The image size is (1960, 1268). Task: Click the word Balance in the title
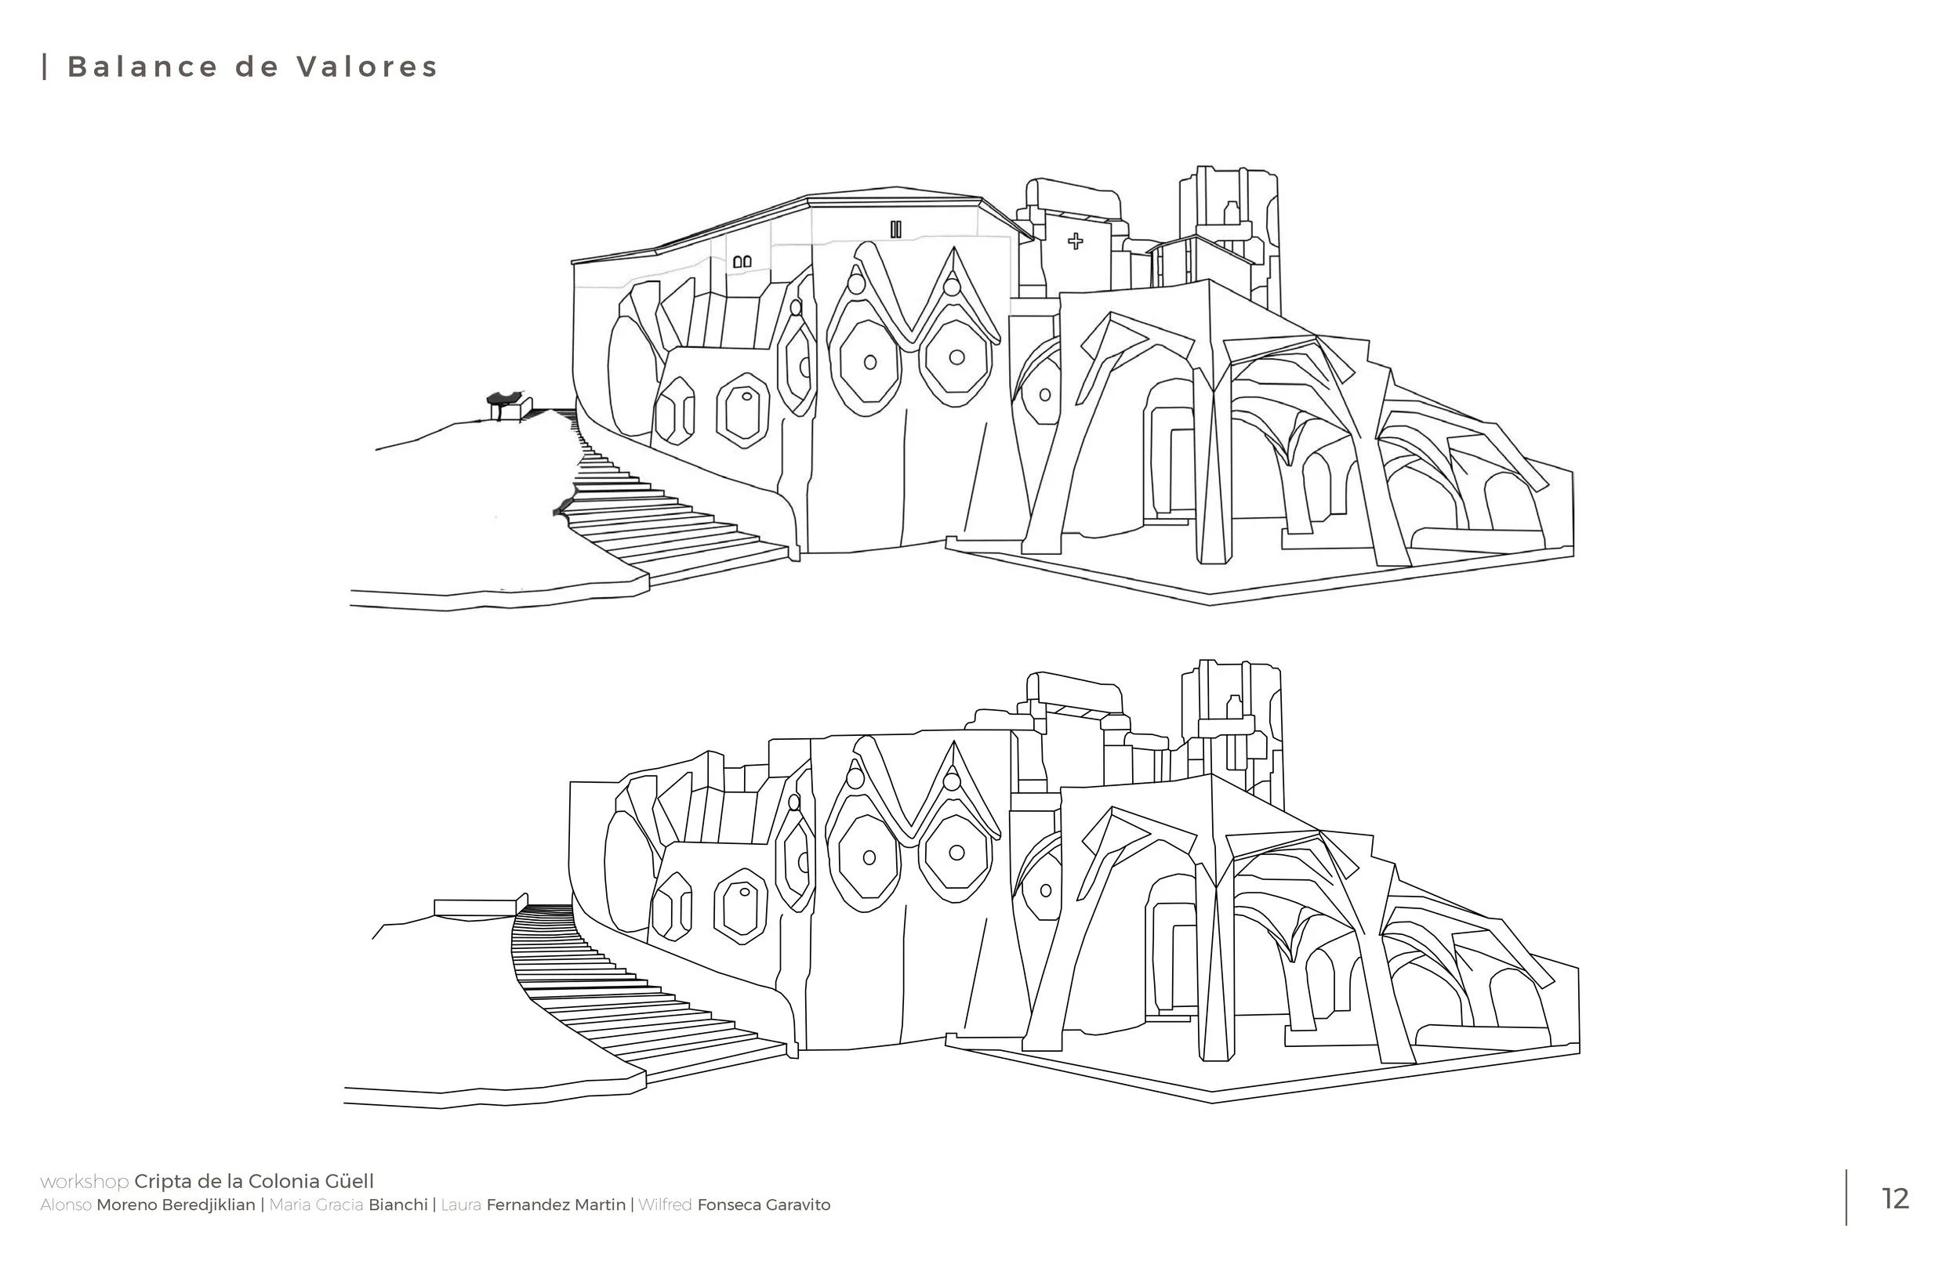coord(143,67)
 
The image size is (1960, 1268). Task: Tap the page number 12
coord(1896,1199)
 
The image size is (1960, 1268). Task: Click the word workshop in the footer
coord(84,1182)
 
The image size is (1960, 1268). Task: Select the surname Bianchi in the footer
coord(397,1205)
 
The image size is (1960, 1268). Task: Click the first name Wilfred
coord(665,1205)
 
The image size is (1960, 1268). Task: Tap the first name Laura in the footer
coord(461,1205)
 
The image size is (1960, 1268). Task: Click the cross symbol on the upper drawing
coord(1076,241)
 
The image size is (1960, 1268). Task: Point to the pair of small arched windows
coord(742,262)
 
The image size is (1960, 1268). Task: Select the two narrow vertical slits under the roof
coord(896,230)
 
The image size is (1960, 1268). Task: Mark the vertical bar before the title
coord(45,67)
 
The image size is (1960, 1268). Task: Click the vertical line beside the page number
coord(1846,1197)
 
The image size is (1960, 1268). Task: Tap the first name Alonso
coord(66,1205)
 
